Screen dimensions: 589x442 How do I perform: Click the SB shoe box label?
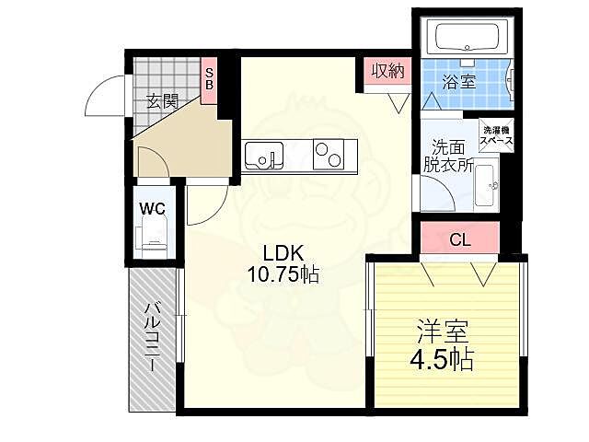(x=209, y=80)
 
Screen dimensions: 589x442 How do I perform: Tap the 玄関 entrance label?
(x=162, y=101)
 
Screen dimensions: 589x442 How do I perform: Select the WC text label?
(x=152, y=208)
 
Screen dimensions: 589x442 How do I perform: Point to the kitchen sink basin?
(x=264, y=156)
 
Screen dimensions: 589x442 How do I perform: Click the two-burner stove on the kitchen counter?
(x=329, y=154)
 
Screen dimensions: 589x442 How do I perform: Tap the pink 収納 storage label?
(x=388, y=71)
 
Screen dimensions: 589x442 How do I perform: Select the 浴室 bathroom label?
(x=459, y=82)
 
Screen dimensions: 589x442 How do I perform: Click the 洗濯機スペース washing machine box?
(x=496, y=135)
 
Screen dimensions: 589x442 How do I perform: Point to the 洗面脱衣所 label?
(x=448, y=156)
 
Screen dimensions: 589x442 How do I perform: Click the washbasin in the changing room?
(x=487, y=185)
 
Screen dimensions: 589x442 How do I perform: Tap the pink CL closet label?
(x=460, y=239)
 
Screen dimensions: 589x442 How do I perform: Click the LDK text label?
(x=283, y=253)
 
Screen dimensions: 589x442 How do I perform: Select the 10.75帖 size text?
(x=283, y=274)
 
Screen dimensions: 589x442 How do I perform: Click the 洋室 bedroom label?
(x=443, y=331)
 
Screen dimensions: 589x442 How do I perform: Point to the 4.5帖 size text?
(x=442, y=360)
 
